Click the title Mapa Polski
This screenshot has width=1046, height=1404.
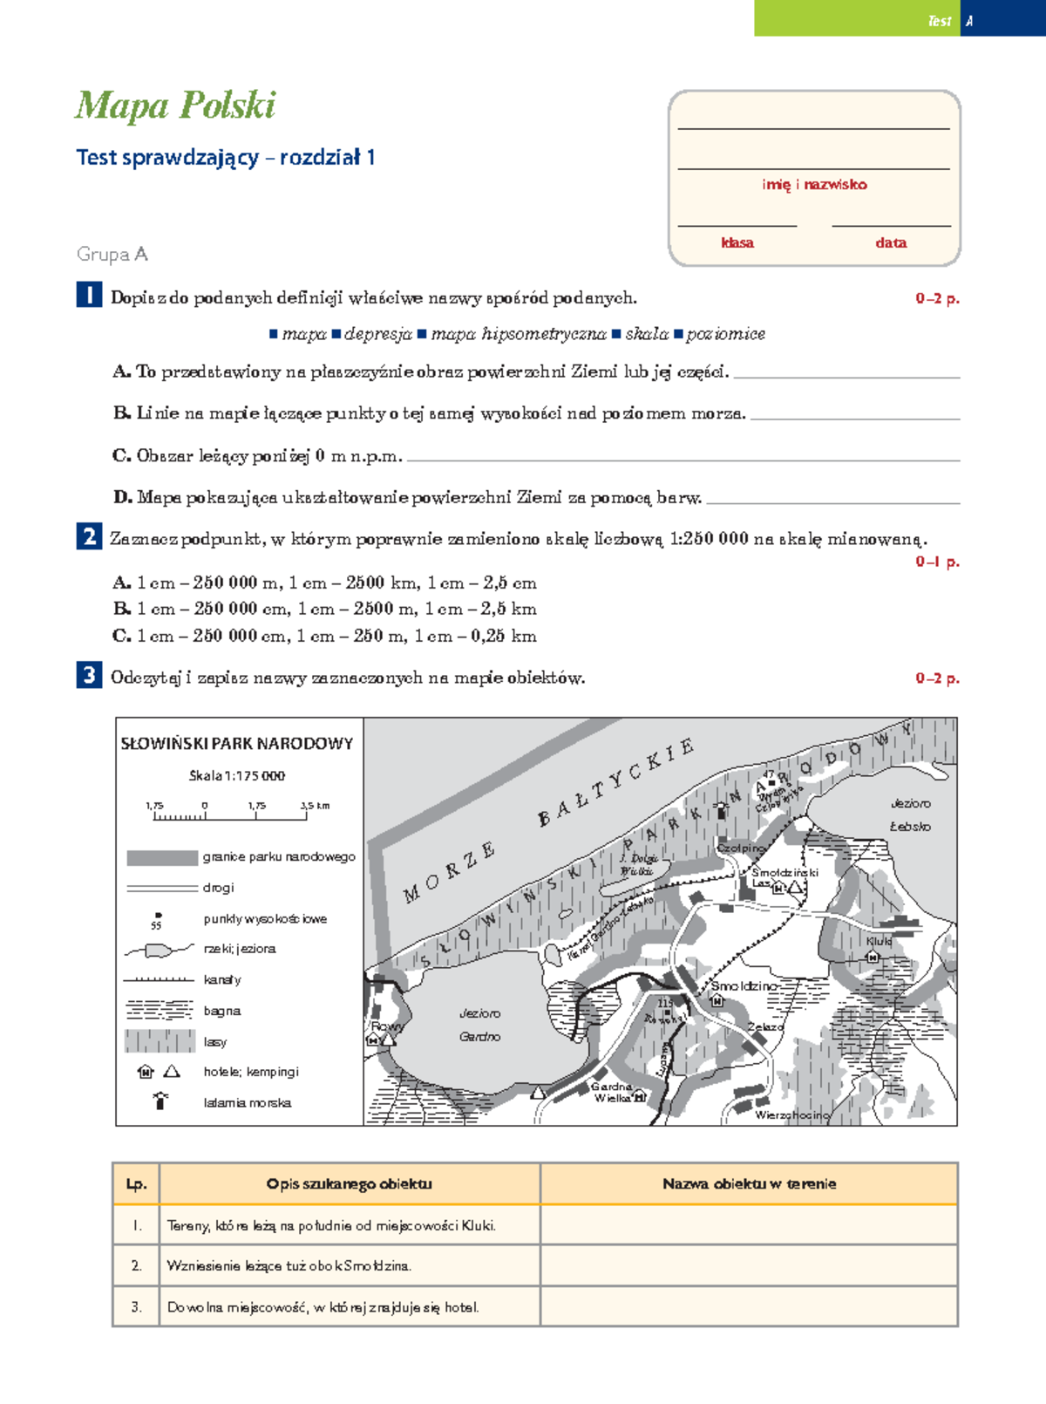click(175, 106)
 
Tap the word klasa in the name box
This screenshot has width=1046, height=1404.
click(737, 242)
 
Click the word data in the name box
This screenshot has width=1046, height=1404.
click(890, 242)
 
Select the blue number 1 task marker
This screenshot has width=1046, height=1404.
click(89, 296)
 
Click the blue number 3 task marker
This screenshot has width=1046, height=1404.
click(89, 675)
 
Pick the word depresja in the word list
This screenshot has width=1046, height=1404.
click(377, 334)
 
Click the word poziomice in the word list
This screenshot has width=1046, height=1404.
click(725, 334)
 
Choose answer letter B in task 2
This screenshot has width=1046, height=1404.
click(121, 609)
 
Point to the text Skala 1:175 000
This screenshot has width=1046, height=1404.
click(236, 775)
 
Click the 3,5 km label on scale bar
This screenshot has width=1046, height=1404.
click(315, 806)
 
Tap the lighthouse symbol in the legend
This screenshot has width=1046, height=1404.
click(160, 1101)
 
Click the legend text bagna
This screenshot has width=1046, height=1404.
click(221, 1011)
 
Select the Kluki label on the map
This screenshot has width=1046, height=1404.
click(879, 942)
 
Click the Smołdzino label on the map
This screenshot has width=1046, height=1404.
click(743, 985)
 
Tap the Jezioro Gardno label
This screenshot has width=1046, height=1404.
click(479, 1025)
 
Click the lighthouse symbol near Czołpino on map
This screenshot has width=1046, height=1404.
click(720, 810)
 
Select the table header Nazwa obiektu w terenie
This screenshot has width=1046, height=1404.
click(749, 1183)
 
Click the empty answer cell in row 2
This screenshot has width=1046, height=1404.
click(749, 1265)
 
